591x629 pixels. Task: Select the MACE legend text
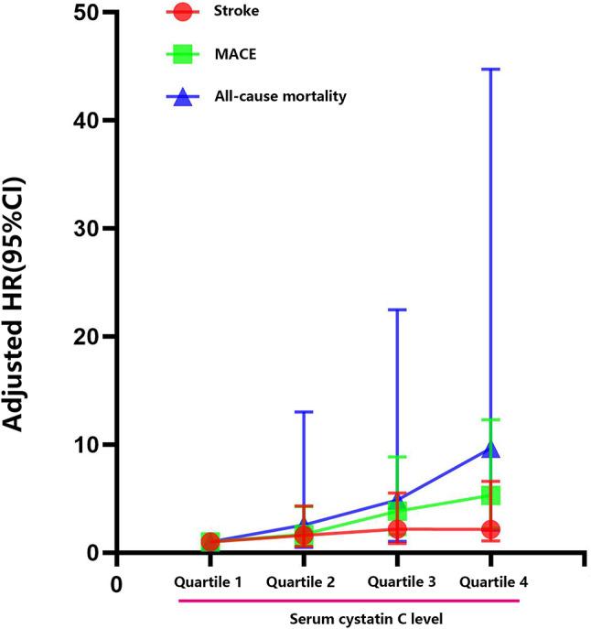[x=235, y=55]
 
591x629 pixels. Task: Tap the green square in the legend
[x=183, y=55]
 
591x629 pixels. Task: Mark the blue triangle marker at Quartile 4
[x=490, y=449]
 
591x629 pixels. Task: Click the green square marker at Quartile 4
[x=490, y=495]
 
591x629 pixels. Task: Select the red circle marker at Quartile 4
[x=490, y=529]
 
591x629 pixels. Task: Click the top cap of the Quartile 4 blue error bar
[x=490, y=69]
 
